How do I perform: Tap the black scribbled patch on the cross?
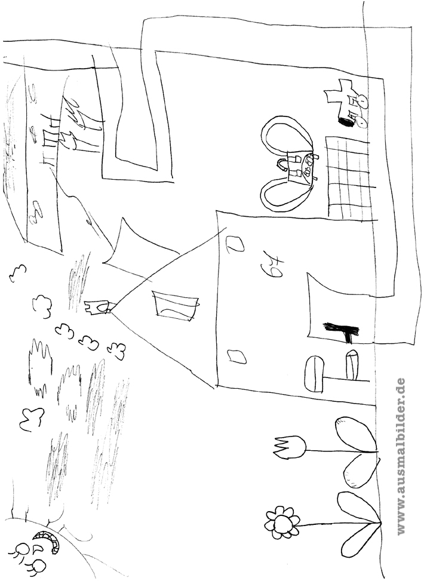[346, 119]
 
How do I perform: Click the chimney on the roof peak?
[97, 308]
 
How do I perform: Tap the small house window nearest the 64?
[235, 244]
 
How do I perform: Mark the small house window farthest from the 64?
[237, 356]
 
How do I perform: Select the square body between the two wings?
[300, 165]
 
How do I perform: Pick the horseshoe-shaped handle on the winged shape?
[282, 165]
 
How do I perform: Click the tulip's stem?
[341, 451]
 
